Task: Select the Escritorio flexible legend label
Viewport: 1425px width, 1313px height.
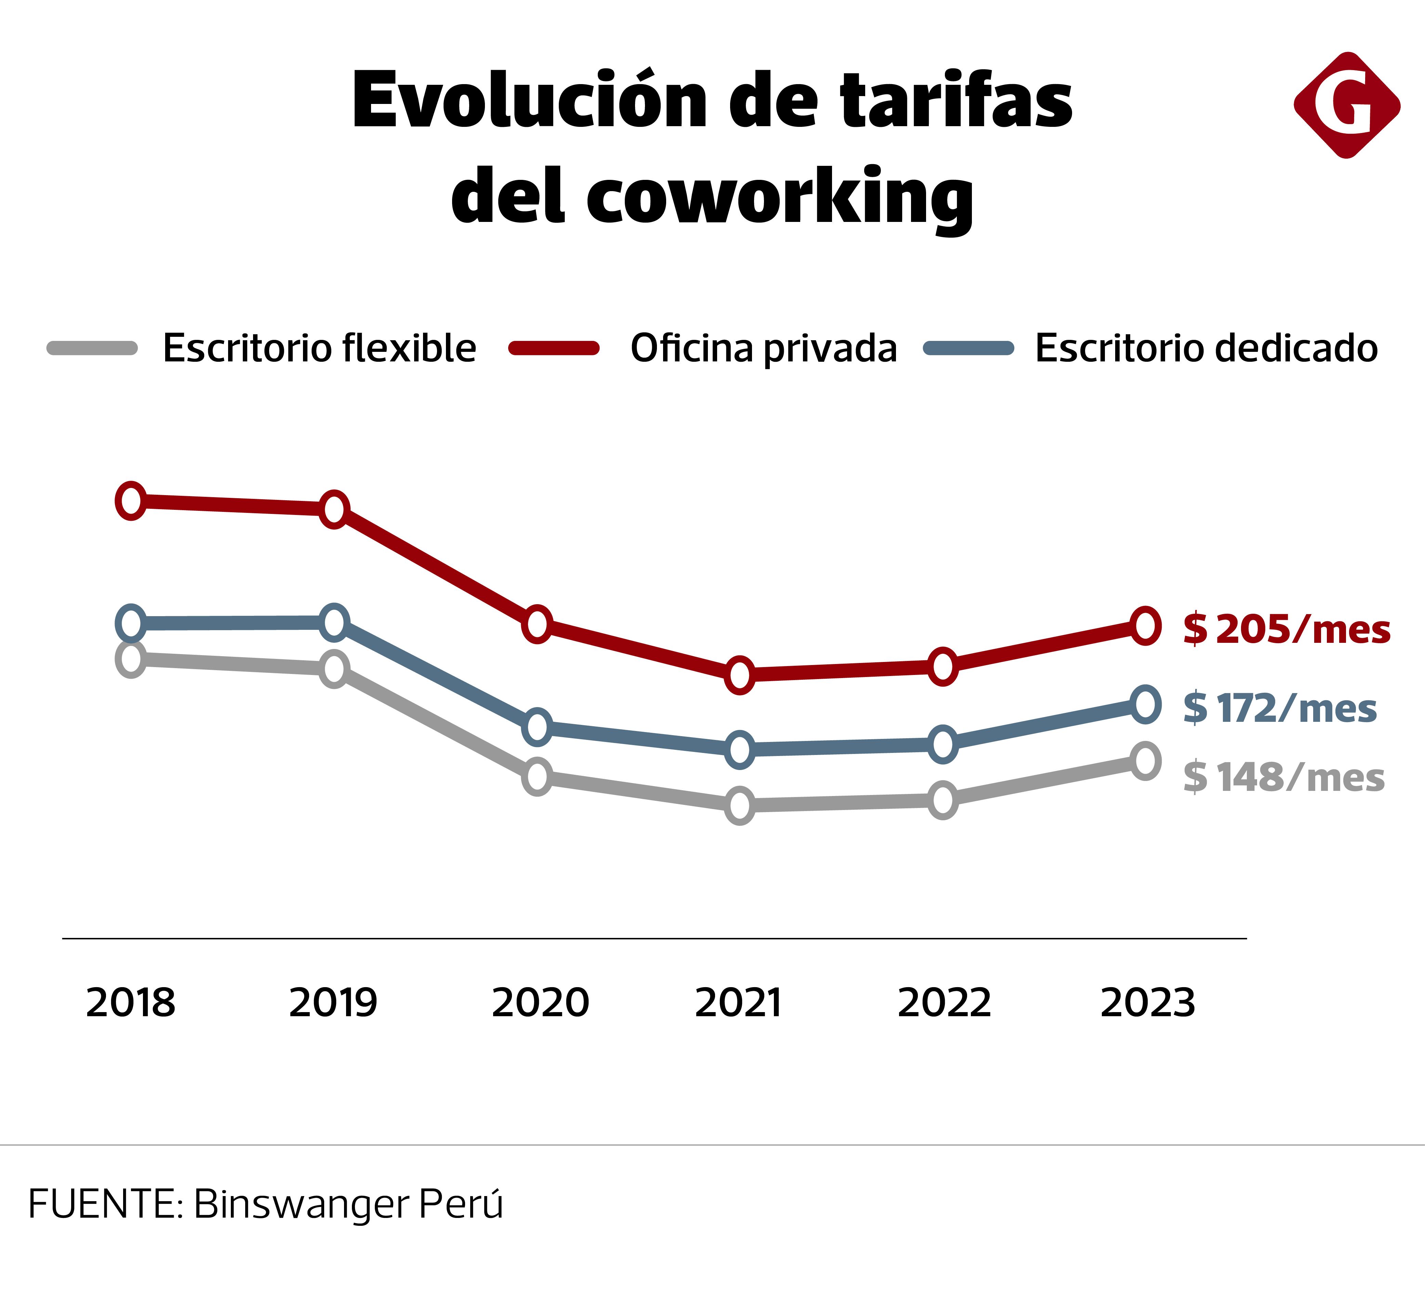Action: click(319, 348)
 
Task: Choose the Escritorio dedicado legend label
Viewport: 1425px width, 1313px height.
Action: click(1206, 348)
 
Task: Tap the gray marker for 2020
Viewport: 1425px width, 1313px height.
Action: click(537, 776)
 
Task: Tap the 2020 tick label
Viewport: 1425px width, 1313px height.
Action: click(540, 1003)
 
